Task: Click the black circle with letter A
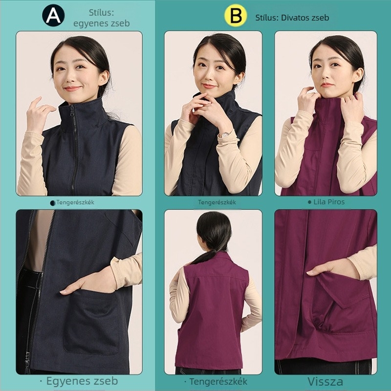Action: click(x=53, y=16)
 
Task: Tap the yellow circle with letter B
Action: click(x=236, y=16)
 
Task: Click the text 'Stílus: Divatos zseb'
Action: click(x=292, y=18)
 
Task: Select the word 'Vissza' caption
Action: click(x=325, y=382)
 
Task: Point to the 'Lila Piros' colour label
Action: click(x=326, y=202)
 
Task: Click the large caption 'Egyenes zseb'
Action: click(x=79, y=381)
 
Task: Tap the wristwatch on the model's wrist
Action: click(x=225, y=135)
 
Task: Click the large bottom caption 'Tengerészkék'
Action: click(x=216, y=382)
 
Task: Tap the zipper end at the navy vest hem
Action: click(x=27, y=361)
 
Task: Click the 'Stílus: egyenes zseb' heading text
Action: click(x=102, y=18)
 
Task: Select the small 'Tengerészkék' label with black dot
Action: click(x=72, y=202)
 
